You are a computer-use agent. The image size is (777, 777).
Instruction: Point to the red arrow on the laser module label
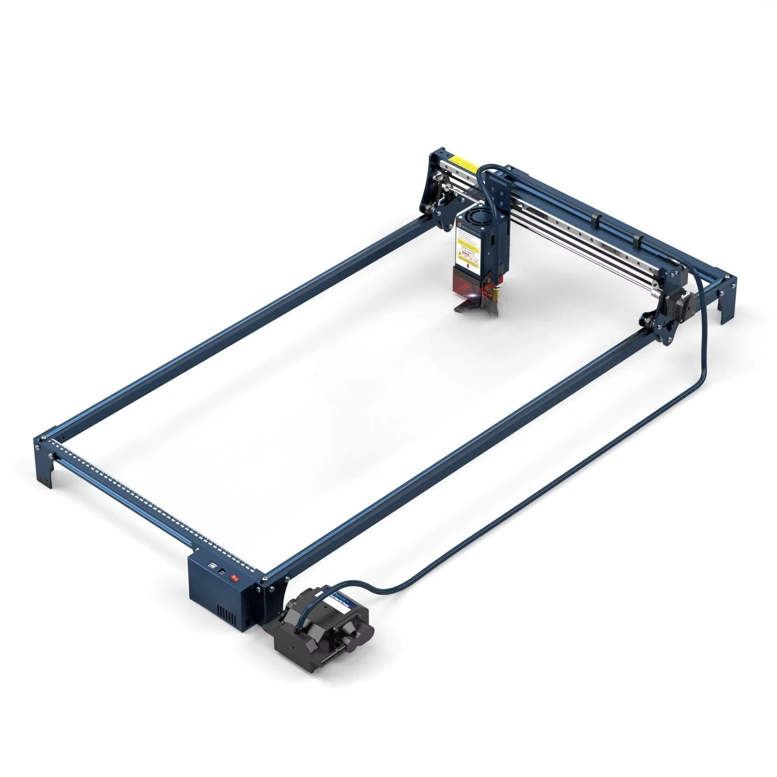click(468, 260)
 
